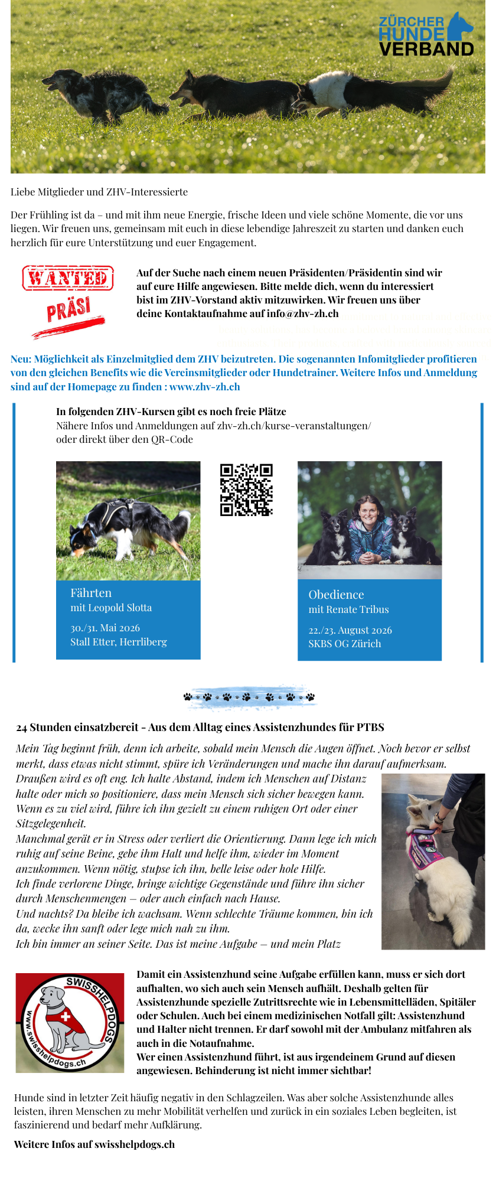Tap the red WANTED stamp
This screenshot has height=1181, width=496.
[68, 278]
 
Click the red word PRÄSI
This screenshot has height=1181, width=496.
[68, 309]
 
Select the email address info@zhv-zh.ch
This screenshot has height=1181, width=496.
[302, 314]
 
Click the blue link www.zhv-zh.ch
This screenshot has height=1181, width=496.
[204, 387]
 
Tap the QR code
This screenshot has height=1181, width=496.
[246, 490]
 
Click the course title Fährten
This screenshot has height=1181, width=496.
[91, 593]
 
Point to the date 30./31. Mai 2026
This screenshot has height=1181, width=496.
[105, 628]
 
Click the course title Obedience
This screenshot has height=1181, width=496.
[336, 595]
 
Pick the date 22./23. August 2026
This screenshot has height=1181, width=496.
[350, 630]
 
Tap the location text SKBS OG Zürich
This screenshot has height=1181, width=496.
[344, 644]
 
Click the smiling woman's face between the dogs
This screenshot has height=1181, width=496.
[369, 511]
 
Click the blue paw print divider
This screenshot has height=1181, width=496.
[249, 697]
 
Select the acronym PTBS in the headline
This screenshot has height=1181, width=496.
[370, 727]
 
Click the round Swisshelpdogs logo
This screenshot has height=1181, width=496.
[70, 1023]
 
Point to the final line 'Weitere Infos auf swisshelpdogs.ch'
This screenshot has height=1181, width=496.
[94, 1144]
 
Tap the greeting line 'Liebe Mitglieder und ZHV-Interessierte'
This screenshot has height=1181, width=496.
[99, 192]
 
